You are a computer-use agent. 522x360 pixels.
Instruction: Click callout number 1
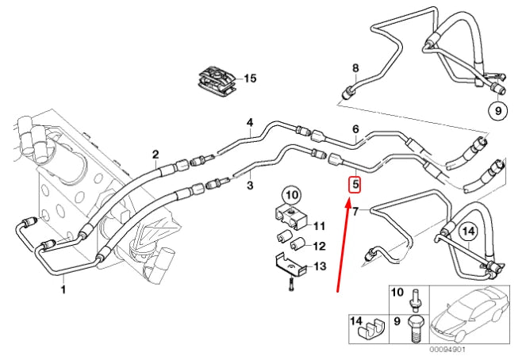(64, 290)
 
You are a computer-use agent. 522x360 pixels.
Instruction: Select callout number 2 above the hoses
(155, 154)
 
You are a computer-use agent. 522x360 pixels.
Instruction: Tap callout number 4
(249, 123)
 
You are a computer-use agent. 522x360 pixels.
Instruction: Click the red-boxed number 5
(355, 185)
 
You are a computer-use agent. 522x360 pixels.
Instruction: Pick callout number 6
(355, 129)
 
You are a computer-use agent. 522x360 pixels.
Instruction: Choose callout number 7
(355, 211)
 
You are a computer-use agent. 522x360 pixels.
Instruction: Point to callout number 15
(251, 78)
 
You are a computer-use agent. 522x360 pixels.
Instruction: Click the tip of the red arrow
(347, 201)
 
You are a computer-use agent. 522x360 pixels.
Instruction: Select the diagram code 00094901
(450, 349)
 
